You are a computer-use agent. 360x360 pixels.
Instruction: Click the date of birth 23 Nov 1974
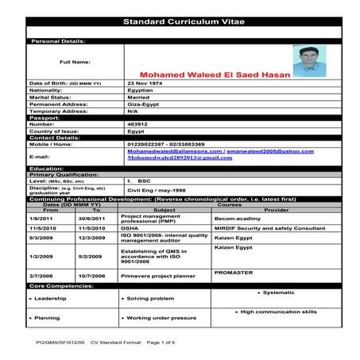click(145, 83)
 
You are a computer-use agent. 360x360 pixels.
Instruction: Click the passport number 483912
click(138, 125)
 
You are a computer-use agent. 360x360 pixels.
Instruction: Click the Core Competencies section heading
click(60, 285)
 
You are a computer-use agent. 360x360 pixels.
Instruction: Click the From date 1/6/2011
click(40, 218)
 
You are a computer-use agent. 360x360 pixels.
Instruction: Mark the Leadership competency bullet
click(48, 299)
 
